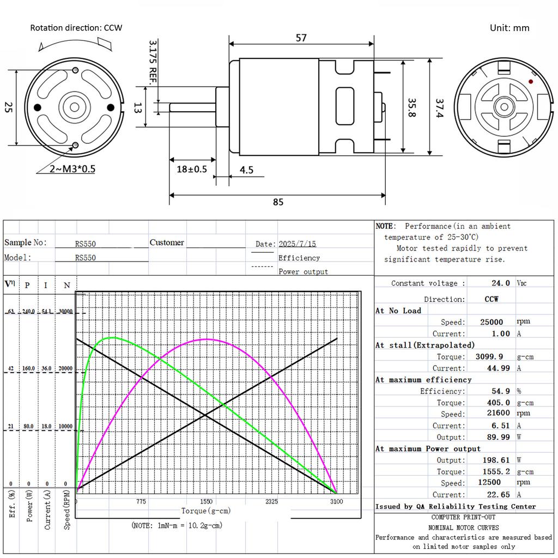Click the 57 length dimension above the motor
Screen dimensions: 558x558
tap(301, 38)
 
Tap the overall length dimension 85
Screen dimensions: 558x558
tap(278, 202)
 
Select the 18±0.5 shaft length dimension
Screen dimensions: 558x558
tap(192, 169)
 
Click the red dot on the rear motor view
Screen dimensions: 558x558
tap(531, 81)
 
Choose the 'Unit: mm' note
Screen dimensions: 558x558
tap(510, 28)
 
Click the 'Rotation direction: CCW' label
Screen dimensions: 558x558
tap(76, 28)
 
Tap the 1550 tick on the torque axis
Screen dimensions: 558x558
tap(206, 501)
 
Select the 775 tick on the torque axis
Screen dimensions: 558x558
tap(141, 501)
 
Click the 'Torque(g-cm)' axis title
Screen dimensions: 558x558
tap(205, 511)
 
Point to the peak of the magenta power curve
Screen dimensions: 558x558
tap(206, 339)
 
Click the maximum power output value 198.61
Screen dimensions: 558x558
tap(495, 460)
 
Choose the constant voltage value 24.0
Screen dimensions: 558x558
tap(500, 283)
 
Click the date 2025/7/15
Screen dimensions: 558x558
tap(297, 244)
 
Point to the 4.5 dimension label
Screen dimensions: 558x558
tap(246, 170)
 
